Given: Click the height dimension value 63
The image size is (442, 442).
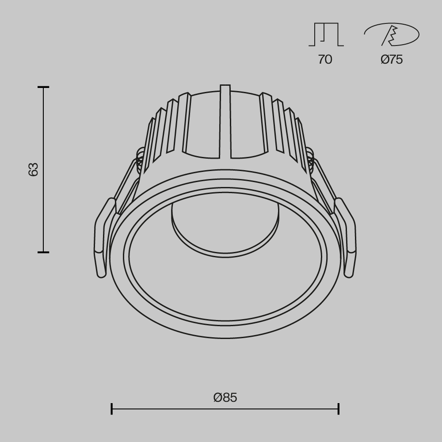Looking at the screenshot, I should coord(34,169).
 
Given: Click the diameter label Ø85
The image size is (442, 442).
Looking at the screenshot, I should coord(225,397).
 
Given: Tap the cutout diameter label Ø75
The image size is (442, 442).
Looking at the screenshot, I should coord(392,59).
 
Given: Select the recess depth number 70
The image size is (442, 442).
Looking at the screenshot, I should coord(325,59).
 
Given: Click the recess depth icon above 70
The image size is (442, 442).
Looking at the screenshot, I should coord(326,34).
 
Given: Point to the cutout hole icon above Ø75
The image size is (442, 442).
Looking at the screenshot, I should coord(392,34).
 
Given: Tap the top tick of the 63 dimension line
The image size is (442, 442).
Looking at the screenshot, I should coord(43,88).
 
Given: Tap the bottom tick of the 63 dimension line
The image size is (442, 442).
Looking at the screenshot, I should coord(43,252).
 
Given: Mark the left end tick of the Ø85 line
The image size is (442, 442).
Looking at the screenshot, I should coord(111,408).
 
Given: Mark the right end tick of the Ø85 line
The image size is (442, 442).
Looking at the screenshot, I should coord(339,408).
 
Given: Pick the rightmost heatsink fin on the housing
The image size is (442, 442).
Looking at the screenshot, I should coord(302,141).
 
